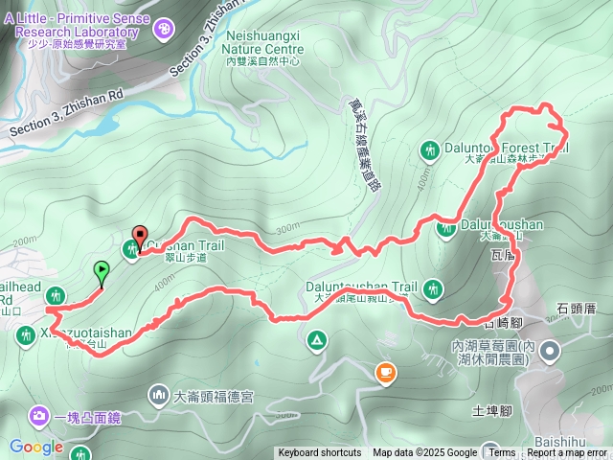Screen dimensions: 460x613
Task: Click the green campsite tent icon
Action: click(316, 340)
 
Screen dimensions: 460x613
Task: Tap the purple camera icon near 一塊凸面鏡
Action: click(38, 416)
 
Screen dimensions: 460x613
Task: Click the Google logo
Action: click(35, 447)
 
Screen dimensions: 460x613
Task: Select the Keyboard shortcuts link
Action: click(319, 453)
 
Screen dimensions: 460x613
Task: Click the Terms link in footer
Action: click(501, 453)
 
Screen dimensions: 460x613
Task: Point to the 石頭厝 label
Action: click(577, 308)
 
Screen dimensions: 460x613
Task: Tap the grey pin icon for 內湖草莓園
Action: click(549, 353)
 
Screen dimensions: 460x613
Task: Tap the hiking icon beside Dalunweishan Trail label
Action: click(434, 287)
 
